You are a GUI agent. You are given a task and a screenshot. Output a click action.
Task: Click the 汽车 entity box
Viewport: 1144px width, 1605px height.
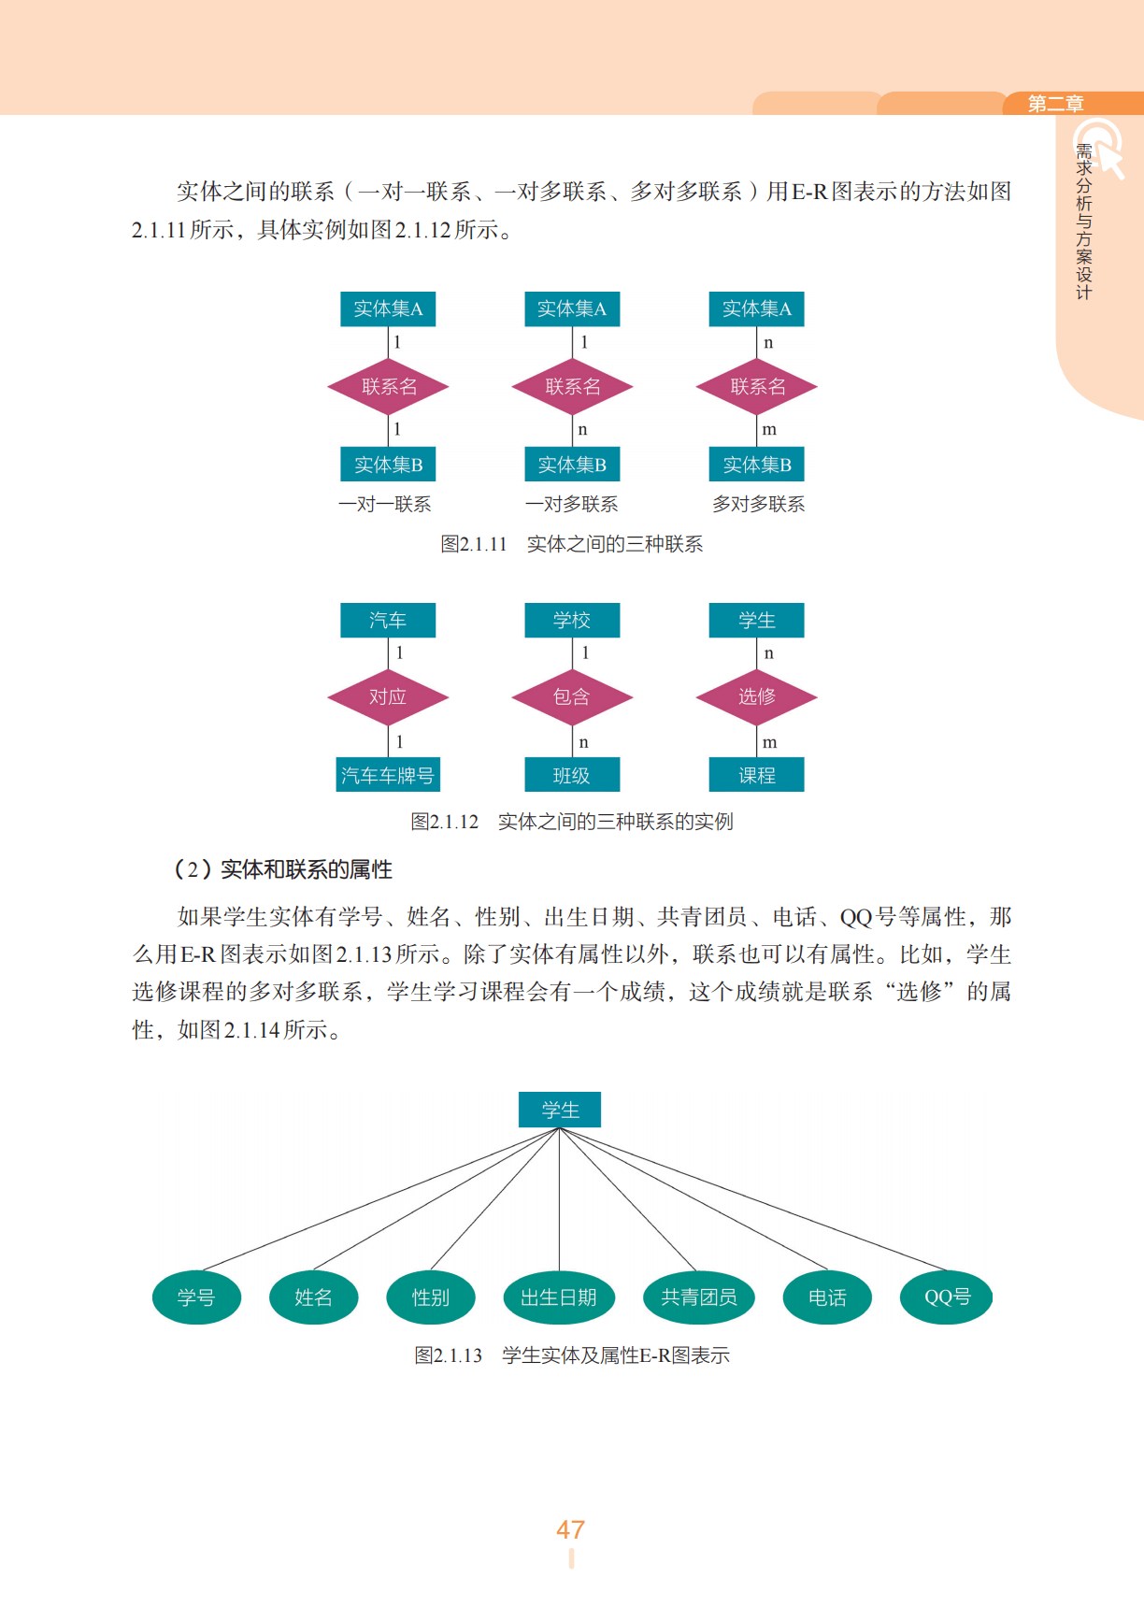click(388, 620)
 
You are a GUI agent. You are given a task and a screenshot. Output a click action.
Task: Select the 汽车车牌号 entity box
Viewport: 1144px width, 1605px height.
click(388, 775)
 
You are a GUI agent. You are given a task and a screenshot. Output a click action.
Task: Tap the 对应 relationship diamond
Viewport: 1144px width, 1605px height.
click(388, 697)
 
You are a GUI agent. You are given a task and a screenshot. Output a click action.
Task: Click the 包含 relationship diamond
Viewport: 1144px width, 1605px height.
click(572, 697)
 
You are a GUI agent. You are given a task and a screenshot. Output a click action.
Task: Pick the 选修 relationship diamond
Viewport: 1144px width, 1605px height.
click(757, 697)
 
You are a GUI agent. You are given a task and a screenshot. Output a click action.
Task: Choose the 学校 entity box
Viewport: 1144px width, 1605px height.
click(572, 620)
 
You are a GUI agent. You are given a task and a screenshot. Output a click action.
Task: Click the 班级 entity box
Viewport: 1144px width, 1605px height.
click(572, 775)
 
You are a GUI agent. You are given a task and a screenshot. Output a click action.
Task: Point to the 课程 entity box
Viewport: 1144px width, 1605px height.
click(757, 775)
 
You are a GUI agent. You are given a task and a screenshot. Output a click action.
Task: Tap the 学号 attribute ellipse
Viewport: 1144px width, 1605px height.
click(196, 1297)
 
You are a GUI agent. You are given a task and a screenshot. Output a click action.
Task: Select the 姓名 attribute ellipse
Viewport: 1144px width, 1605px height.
click(313, 1297)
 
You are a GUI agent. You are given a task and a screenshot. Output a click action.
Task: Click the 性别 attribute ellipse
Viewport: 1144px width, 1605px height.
click(431, 1297)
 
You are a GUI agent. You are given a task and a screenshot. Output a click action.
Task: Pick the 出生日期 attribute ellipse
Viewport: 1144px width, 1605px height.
click(559, 1297)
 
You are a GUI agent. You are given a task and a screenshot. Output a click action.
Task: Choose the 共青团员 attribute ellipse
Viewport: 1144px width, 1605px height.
click(699, 1297)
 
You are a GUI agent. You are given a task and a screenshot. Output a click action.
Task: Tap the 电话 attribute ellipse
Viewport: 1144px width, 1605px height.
click(827, 1297)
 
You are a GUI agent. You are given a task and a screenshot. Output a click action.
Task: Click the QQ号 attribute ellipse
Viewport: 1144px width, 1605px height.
click(947, 1297)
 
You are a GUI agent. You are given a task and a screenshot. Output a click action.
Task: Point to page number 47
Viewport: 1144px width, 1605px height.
click(571, 1529)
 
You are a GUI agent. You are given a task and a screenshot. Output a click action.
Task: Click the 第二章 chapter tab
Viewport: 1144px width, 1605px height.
click(1056, 104)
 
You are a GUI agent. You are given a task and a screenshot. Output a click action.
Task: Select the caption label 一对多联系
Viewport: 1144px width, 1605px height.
click(572, 505)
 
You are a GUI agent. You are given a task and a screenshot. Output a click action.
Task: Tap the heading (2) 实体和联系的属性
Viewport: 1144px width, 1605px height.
click(283, 869)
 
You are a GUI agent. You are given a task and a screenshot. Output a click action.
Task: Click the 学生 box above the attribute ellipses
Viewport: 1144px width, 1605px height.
click(560, 1110)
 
